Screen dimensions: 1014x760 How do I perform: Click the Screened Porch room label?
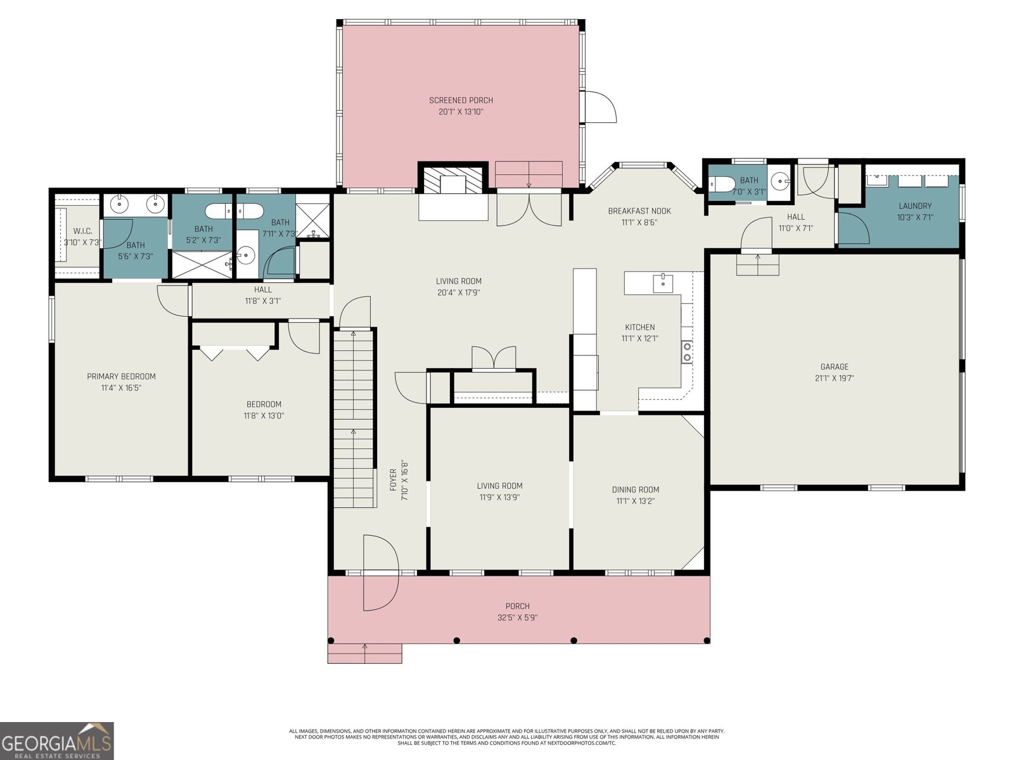coord(461,100)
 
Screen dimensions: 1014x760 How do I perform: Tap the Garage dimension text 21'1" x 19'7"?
coord(834,378)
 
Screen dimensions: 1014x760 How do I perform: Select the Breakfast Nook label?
coord(639,211)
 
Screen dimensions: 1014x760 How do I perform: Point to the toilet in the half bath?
coord(722,184)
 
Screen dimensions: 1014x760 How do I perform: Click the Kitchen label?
coord(639,327)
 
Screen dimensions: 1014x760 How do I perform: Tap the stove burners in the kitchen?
coord(687,351)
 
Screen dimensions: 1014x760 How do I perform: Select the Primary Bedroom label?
coord(121,377)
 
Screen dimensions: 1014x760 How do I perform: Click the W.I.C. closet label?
coord(82,231)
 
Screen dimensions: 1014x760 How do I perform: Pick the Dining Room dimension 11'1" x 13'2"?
coord(635,501)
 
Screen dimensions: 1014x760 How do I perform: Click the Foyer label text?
coord(393,479)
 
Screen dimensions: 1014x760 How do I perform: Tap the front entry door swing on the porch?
coord(381,572)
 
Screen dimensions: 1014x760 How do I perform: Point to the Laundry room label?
coord(915,206)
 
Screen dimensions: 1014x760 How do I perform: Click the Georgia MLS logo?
coord(57,740)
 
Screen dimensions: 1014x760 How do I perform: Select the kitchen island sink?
coord(662,283)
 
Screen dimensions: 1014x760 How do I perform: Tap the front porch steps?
coord(364,654)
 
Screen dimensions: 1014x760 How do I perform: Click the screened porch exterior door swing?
coord(601,106)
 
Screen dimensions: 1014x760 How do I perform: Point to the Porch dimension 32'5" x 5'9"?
coord(517,617)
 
